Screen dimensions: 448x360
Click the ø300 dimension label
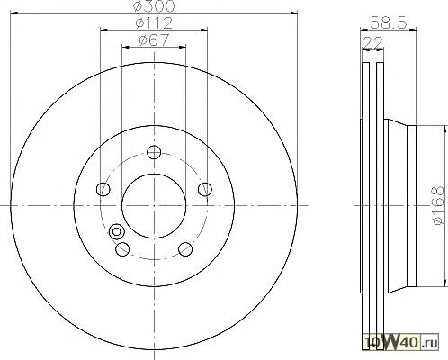tap(154, 6)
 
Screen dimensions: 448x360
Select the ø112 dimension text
tap(154, 22)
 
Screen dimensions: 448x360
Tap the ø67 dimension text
tap(154, 40)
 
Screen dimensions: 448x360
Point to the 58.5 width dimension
tap(389, 22)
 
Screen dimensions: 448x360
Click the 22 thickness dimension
tap(372, 43)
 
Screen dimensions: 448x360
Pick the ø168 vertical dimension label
tap(437, 205)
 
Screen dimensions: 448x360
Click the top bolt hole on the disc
tap(154, 152)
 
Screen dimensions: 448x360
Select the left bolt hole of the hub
tap(103, 189)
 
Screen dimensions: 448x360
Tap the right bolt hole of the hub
tap(205, 189)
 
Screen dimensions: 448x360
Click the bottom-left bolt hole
tap(122, 249)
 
